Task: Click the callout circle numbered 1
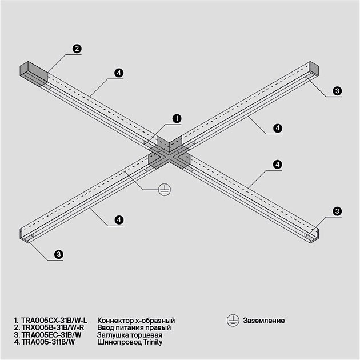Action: click(x=177, y=118)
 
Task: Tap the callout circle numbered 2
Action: click(x=75, y=49)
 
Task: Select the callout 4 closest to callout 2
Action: click(x=118, y=73)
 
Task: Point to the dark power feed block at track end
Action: click(x=34, y=74)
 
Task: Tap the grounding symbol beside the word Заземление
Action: click(x=233, y=321)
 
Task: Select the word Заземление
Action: click(x=263, y=321)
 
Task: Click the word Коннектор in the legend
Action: click(x=115, y=321)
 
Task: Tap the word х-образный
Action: click(x=154, y=321)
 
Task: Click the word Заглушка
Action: click(x=113, y=335)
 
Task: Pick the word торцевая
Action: click(x=146, y=335)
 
